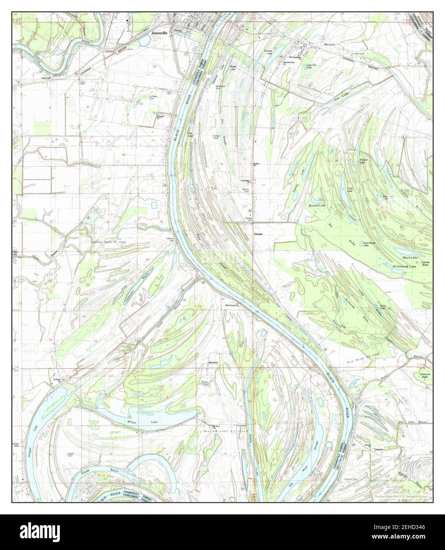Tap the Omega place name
(258, 234)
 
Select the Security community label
(214, 362)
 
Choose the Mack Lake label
(410, 258)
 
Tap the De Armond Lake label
(404, 267)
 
